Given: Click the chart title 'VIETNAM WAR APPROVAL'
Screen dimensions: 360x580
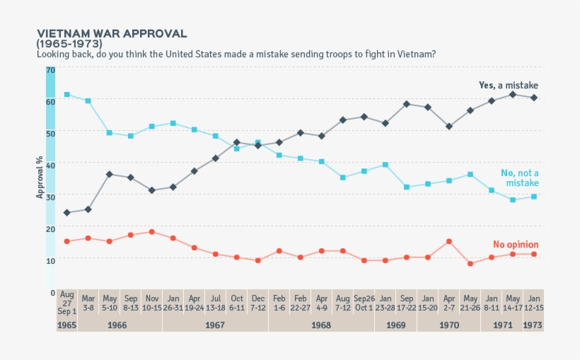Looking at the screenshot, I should coord(112,33).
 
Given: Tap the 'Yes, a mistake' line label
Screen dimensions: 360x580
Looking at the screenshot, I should coord(508,85).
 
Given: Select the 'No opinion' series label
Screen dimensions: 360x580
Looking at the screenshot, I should coord(516,245).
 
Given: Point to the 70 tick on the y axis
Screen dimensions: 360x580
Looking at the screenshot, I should coord(50,70).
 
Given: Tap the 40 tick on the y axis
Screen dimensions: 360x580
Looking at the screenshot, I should coord(50,163).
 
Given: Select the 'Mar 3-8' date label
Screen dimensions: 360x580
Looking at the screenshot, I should coord(88,303).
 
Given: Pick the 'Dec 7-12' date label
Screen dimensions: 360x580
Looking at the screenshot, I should coord(257,303).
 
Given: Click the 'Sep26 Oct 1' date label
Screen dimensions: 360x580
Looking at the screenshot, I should coord(364,303).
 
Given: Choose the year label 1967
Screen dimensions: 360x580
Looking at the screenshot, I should coord(215,325).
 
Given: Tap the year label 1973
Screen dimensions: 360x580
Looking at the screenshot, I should coord(533,325).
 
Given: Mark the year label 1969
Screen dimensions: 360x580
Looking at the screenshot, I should coord(395,325).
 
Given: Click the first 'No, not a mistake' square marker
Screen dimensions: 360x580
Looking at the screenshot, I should coord(66,94).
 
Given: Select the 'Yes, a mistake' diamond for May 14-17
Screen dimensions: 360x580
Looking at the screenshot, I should coord(512,94).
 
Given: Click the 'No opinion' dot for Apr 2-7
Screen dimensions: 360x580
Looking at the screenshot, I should coord(448,241).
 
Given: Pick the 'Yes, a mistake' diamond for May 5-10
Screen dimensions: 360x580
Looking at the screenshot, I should coord(109,174).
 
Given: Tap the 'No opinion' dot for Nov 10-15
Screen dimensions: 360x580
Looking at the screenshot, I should coord(151,231).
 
